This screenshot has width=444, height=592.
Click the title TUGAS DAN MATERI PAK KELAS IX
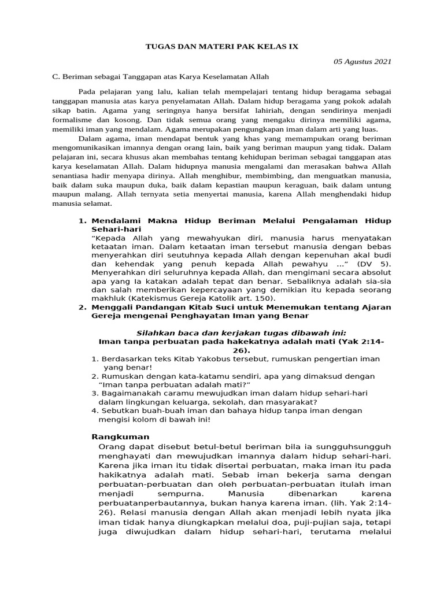[x=221, y=46]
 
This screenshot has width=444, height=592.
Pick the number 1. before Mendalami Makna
[x=82, y=221]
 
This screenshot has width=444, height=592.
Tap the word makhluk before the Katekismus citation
[x=108, y=298]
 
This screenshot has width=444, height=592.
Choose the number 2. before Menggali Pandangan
[x=82, y=307]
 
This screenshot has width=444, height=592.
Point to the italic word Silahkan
[x=154, y=332]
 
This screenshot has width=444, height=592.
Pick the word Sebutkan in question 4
[x=118, y=410]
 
